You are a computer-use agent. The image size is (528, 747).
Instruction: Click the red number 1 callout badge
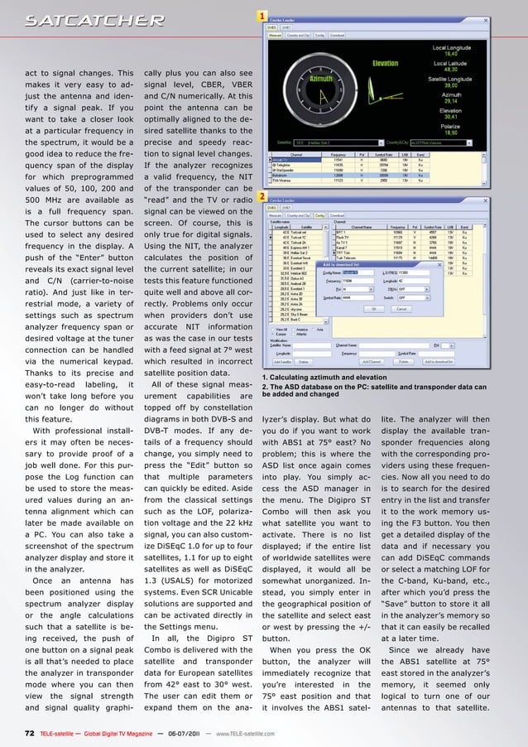262,16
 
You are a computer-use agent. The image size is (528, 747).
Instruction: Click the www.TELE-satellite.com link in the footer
245,732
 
